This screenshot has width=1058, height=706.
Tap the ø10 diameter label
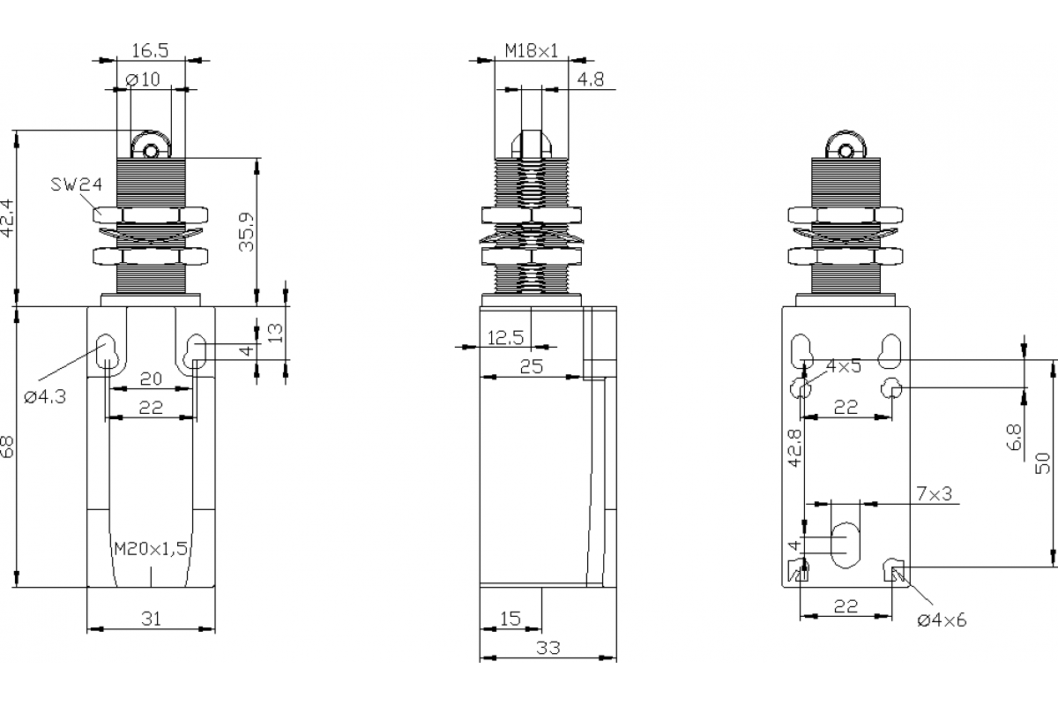[143, 79]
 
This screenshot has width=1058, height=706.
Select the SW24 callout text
[77, 184]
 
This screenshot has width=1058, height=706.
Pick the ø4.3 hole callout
[45, 397]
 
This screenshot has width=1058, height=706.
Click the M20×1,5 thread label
[151, 548]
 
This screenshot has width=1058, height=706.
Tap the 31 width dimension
[151, 620]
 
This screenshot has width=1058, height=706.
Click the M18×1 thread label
[531, 50]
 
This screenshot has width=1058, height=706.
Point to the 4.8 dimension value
[591, 79]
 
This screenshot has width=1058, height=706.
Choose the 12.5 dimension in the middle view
[505, 336]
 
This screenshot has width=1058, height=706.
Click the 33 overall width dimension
[548, 648]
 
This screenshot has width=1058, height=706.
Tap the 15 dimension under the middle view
[510, 619]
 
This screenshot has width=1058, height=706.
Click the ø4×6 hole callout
[942, 620]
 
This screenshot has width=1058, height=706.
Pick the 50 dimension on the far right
[1043, 462]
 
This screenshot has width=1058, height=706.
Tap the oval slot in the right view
[846, 545]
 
